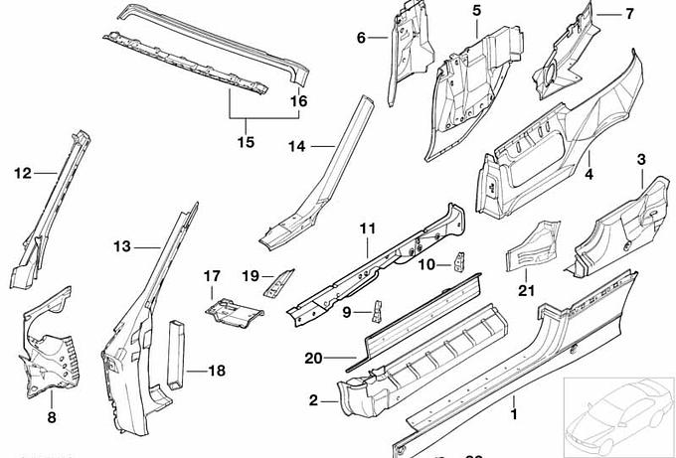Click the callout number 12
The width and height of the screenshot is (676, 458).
click(23, 174)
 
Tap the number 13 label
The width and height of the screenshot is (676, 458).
click(121, 246)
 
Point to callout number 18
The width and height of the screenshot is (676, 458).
click(216, 371)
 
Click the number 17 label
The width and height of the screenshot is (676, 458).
click(211, 275)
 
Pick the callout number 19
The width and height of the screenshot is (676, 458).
click(251, 275)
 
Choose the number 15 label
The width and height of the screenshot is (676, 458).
click(245, 142)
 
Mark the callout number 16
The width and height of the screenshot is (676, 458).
click(299, 100)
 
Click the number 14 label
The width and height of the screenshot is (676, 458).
click(297, 147)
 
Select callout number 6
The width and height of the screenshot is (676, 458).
click(361, 38)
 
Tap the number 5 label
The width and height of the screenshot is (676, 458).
click(476, 11)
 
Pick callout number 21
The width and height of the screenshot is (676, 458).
click(526, 290)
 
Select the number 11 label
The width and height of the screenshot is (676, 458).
click(367, 229)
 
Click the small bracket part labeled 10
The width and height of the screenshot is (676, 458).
click(460, 262)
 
